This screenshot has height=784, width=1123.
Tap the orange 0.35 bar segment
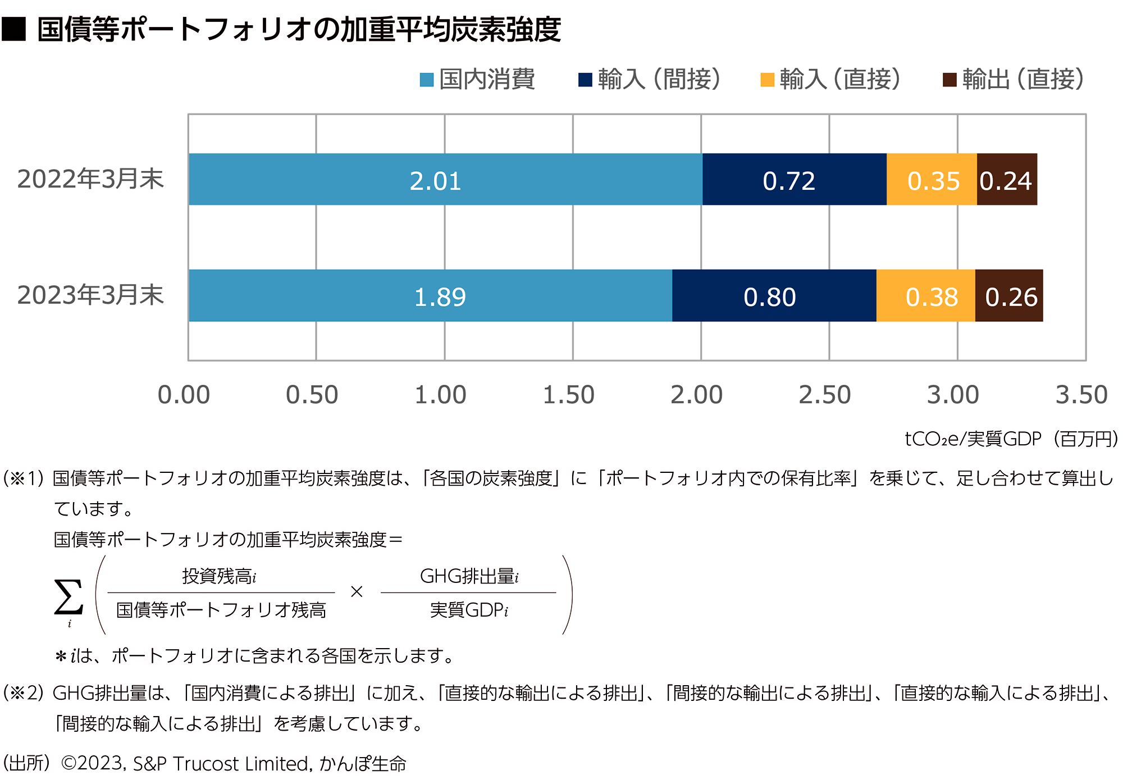click(932, 180)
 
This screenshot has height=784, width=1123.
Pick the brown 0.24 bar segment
click(1007, 180)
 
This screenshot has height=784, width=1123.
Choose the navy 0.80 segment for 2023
click(774, 296)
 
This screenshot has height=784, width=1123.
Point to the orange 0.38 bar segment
click(925, 296)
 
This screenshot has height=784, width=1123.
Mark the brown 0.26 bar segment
click(1009, 296)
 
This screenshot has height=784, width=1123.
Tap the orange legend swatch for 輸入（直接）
click(767, 80)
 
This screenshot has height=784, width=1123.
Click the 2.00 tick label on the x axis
click(696, 395)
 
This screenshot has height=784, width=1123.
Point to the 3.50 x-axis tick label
click(1081, 395)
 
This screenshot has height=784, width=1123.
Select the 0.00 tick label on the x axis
click(184, 395)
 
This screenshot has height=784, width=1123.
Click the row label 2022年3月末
click(90, 179)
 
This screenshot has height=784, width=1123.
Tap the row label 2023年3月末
click(90, 295)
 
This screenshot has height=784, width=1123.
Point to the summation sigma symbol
click(69, 597)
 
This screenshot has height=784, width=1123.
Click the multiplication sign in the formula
click(357, 592)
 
